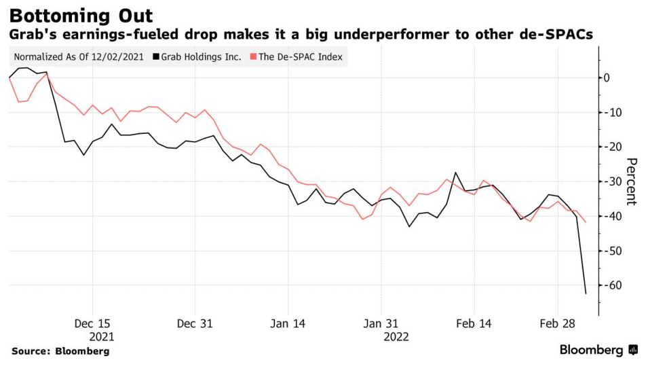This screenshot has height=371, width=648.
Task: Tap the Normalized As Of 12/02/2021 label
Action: click(x=78, y=57)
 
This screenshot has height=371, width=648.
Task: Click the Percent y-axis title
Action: click(x=631, y=181)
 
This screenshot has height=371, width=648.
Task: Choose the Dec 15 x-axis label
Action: click(x=92, y=323)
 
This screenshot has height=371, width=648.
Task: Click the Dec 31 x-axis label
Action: click(x=195, y=323)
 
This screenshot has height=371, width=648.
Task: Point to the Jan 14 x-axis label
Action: click(x=288, y=323)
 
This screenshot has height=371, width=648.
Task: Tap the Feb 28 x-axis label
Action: click(x=557, y=323)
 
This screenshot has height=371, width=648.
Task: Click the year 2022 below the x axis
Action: click(x=396, y=336)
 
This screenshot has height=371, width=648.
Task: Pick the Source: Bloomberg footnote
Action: click(x=60, y=351)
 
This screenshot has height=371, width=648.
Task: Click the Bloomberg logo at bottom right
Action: click(x=598, y=351)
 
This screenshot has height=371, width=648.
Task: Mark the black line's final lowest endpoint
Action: click(x=586, y=294)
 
